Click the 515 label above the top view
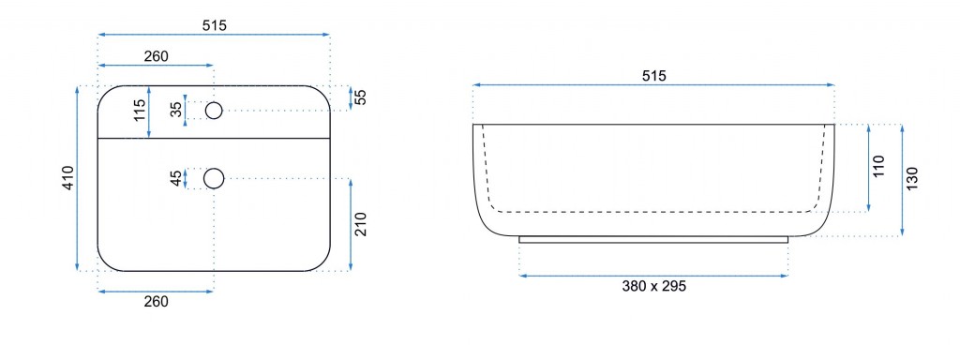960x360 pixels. pos(215,25)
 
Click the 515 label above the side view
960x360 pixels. pos(653,76)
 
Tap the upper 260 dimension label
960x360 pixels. pos(157,56)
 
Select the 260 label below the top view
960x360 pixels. pos(157,301)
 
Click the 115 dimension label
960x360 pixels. pos(141,111)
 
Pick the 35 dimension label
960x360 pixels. pos(176,111)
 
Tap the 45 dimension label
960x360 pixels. pos(176,179)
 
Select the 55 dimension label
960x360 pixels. pos(361,97)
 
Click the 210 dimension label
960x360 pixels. pos(361,224)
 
